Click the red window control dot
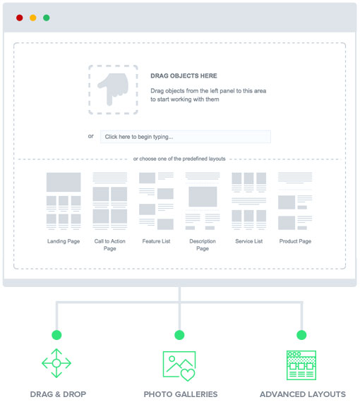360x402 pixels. [20, 18]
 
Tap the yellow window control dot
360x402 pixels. [33, 18]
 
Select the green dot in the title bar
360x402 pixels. [47, 18]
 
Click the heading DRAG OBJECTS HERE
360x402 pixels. [184, 76]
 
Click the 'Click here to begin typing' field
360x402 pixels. [185, 137]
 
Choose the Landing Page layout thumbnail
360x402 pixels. [64, 201]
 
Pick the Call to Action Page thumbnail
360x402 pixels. [110, 201]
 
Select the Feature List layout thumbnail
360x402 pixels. [156, 201]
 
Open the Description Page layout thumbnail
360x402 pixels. [203, 201]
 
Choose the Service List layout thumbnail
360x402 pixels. [249, 201]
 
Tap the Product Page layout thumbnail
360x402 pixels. [295, 201]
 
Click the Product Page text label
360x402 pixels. [295, 241]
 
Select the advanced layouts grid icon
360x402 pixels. [301, 365]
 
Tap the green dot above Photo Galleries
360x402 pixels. [179, 335]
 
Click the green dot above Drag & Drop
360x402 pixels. [56, 335]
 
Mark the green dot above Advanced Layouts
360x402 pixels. [301, 335]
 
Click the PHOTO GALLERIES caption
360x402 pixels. [181, 394]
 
